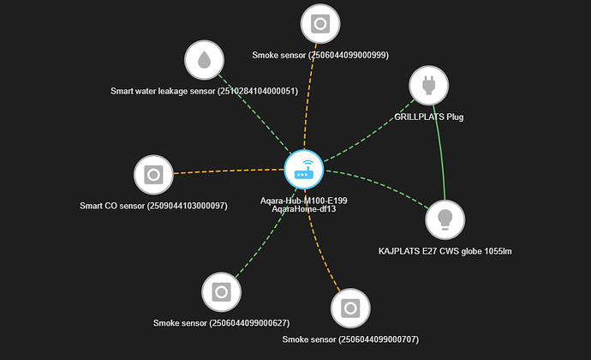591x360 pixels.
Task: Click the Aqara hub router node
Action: pyautogui.click(x=304, y=170)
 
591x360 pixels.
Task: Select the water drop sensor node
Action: pyautogui.click(x=205, y=60)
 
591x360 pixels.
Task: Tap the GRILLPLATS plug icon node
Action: pyautogui.click(x=428, y=85)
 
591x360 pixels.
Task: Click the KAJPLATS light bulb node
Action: pyautogui.click(x=445, y=219)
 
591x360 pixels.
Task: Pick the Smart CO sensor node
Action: pyautogui.click(x=153, y=175)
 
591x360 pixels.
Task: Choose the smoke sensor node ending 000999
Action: pyautogui.click(x=320, y=24)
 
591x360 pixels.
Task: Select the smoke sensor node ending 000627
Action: pyautogui.click(x=221, y=292)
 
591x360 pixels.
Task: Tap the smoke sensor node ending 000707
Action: pyautogui.click(x=350, y=309)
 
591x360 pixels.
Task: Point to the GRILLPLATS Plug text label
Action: pyautogui.click(x=429, y=117)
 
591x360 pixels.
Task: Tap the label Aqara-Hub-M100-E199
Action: pyautogui.click(x=304, y=201)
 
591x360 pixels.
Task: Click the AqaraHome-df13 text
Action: pyautogui.click(x=304, y=209)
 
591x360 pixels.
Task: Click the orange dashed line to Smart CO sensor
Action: pyautogui.click(x=229, y=171)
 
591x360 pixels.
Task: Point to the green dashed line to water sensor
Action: pyautogui.click(x=254, y=113)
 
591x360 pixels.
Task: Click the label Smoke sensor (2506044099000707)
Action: pyautogui.click(x=350, y=339)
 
